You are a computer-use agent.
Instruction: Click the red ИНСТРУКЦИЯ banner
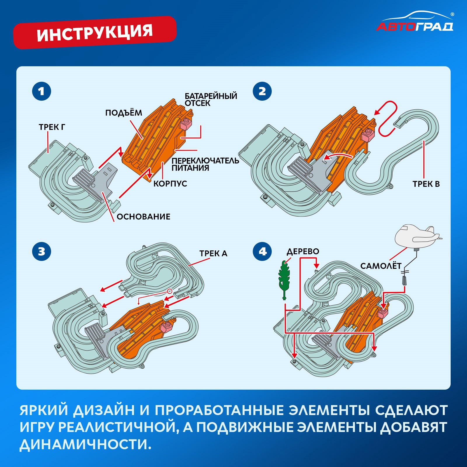(x=95, y=32)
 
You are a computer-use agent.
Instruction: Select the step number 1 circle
(x=41, y=91)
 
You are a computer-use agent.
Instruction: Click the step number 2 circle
(x=262, y=91)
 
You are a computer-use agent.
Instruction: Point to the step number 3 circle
(x=41, y=251)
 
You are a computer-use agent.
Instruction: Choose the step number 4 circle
(x=262, y=251)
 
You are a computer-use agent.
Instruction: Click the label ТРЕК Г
(x=52, y=127)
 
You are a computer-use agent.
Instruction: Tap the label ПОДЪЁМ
(x=123, y=113)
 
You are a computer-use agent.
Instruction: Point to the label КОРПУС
(x=170, y=184)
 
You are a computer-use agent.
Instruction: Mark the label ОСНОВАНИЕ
(x=143, y=217)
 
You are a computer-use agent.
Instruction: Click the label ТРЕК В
(x=426, y=184)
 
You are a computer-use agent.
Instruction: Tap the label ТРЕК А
(x=213, y=253)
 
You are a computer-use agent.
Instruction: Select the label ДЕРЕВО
(x=303, y=251)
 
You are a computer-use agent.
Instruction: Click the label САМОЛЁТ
(x=381, y=266)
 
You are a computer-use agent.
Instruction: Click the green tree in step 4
(x=284, y=279)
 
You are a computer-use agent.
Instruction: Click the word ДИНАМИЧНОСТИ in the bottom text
(x=85, y=444)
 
